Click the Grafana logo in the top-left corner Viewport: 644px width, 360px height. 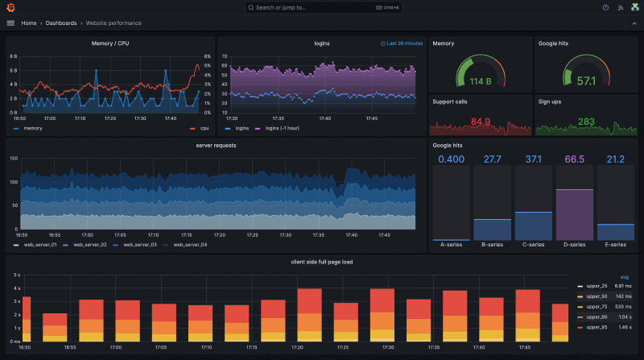10,7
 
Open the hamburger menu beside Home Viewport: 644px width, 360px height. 10,23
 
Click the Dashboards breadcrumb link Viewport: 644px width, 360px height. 61,23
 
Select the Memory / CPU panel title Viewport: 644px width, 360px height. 109,43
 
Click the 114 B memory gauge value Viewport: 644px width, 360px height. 481,81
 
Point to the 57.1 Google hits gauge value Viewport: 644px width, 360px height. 587,81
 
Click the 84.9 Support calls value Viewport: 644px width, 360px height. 481,122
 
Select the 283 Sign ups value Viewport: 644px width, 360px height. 587,122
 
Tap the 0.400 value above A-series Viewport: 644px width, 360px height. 451,159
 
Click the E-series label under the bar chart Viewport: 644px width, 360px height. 616,245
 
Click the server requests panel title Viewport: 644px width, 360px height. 216,145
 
